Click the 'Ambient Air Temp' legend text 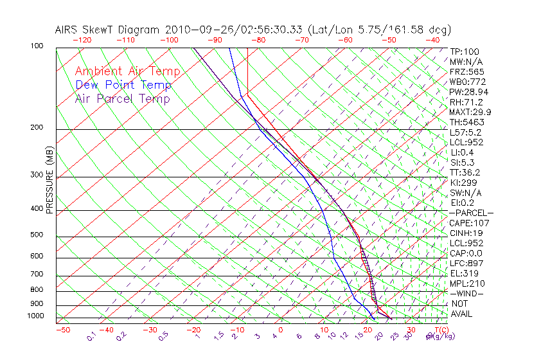point(127,71)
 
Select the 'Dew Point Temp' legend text point(123,85)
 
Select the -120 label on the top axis point(82,40)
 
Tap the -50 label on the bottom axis point(63,330)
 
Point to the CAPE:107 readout point(467,223)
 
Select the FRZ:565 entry point(467,71)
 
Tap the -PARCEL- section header point(471,213)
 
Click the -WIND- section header point(467,293)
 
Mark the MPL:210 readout point(467,283)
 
